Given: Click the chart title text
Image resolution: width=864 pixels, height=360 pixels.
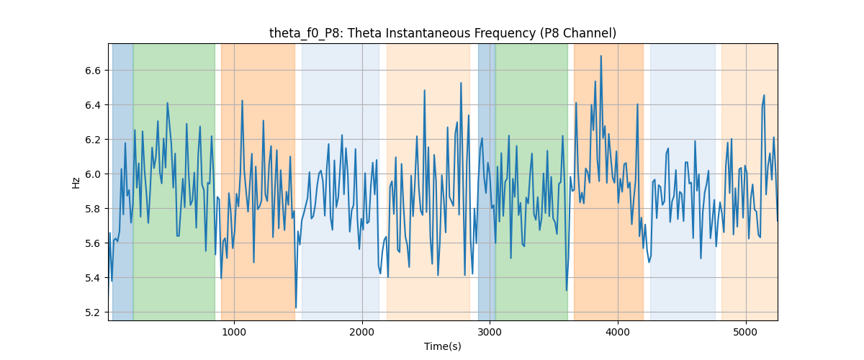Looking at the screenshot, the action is pos(442,34).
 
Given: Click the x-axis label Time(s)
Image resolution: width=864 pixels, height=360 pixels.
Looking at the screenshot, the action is pos(442,346).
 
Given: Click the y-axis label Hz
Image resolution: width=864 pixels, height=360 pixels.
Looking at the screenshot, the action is pos(76,183).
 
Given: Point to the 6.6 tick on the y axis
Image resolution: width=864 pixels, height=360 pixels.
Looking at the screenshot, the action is pos(93,71).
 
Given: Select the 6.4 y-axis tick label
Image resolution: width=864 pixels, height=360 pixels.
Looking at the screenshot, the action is pos(93,105).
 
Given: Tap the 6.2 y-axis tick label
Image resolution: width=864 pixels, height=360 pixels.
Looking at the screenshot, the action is pos(93,140).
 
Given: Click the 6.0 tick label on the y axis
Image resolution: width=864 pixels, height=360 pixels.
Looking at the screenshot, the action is pos(93,174).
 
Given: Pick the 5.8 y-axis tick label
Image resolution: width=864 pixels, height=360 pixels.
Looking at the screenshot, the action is pos(93,209).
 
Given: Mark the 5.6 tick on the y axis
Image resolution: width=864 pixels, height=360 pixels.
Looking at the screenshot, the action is pos(93,243).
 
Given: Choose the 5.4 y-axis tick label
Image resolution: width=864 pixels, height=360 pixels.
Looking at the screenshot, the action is pos(93,278).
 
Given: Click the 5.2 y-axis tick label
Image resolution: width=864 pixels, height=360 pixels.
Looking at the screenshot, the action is pos(93,312).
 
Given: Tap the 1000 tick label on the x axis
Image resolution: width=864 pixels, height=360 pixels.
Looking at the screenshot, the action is pos(234,332).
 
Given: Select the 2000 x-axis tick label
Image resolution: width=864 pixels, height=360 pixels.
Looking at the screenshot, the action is pos(362,332).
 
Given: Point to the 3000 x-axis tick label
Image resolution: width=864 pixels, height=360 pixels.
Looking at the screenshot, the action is pos(490,332).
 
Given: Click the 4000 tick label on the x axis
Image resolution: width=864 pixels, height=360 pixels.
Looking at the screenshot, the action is pos(618,332).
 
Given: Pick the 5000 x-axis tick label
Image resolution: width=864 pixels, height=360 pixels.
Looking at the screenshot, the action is pos(746,332).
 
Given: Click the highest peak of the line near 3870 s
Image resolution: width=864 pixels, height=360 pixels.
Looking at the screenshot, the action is pos(601,56).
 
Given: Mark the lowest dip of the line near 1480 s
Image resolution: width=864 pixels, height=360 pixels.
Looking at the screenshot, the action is pos(296,307).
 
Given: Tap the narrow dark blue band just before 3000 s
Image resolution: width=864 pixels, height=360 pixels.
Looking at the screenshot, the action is pos(487,181).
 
